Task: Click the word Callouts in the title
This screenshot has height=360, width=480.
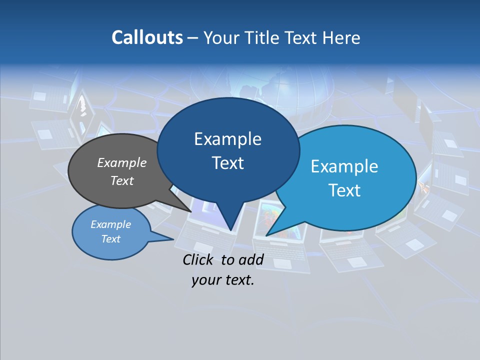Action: coord(147,38)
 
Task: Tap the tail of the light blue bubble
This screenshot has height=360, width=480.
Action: coord(272,230)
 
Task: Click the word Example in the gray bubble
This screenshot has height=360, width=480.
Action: coord(122,162)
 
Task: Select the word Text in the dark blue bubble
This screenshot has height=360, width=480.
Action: coord(228,163)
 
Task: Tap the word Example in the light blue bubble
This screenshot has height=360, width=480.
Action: coord(344,166)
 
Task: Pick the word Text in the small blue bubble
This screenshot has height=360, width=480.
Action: coord(111,239)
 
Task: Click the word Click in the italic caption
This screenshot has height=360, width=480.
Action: coord(199,259)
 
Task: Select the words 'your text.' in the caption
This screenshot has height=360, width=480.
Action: coord(223,280)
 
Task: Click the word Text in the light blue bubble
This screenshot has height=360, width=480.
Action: coord(344,190)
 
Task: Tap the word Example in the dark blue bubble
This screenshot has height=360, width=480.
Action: coord(228,139)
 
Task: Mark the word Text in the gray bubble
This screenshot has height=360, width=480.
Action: coord(122,180)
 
